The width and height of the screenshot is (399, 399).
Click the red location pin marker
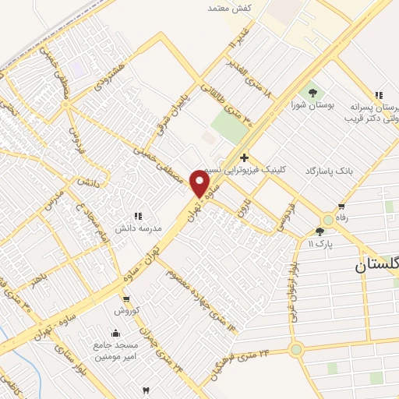tap(200, 183)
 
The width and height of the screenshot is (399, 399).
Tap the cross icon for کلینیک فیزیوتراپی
tap(244, 157)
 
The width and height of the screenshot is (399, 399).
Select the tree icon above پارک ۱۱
tap(320, 231)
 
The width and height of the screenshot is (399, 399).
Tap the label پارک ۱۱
tap(320, 244)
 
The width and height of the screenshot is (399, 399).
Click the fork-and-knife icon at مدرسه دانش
tap(138, 216)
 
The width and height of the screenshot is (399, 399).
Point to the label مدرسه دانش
tap(138, 228)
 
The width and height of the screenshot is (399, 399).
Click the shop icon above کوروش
tap(125, 298)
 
